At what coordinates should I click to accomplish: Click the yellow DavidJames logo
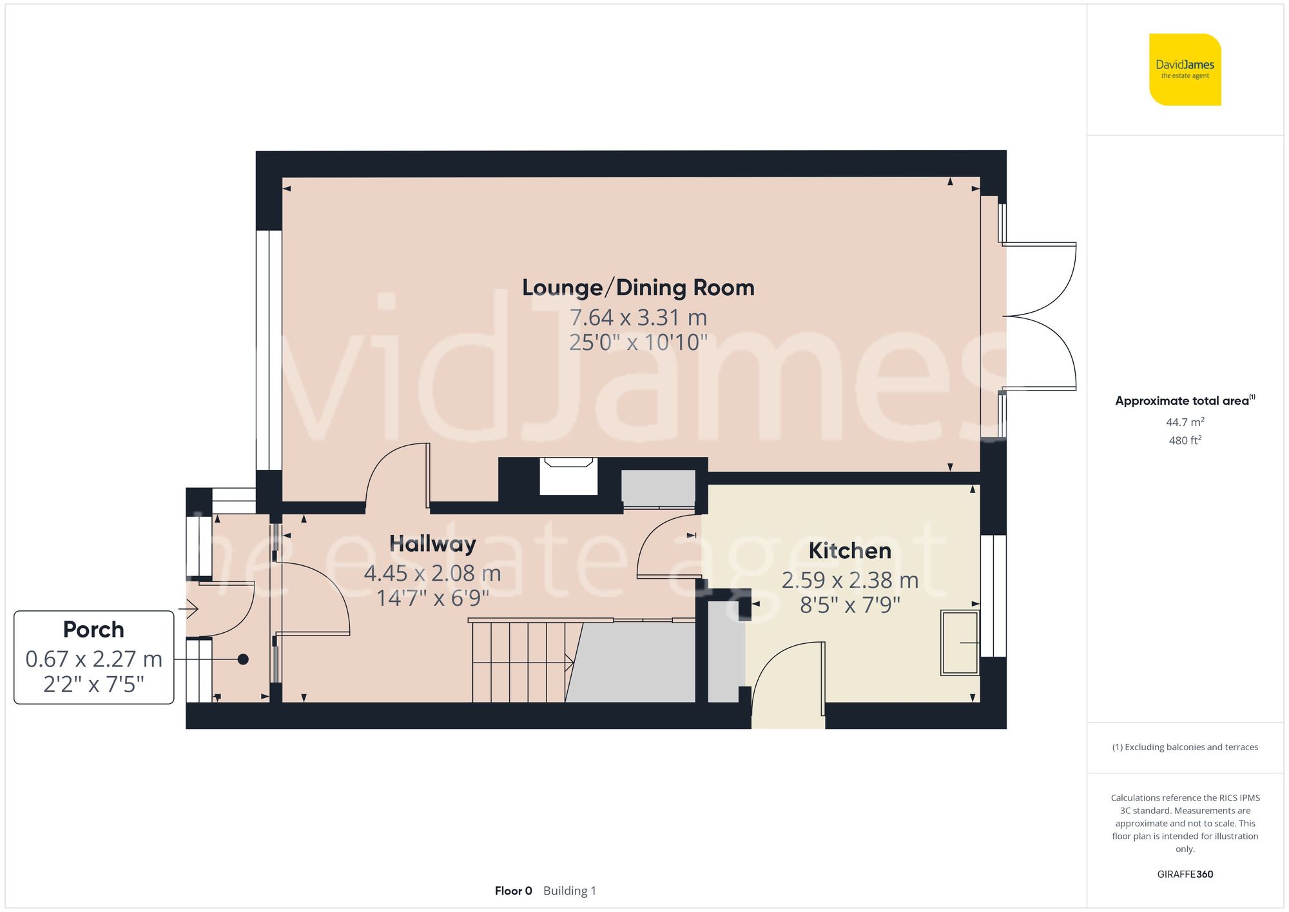point(1185,70)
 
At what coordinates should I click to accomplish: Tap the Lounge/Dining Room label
point(638,287)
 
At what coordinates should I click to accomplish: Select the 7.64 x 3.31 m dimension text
point(638,317)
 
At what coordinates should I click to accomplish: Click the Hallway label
point(432,544)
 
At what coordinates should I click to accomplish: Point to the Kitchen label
point(849,550)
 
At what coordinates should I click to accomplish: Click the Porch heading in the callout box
point(93,629)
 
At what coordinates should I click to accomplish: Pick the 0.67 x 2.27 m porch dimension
point(94,659)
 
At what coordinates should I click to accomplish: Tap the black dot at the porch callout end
point(243,659)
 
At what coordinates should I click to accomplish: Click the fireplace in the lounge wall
point(568,476)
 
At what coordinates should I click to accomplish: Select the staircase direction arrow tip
point(574,661)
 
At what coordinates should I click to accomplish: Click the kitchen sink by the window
point(960,643)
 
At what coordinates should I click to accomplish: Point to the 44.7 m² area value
point(1185,422)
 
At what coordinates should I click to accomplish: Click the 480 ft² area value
point(1185,440)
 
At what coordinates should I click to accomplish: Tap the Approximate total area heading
point(1185,400)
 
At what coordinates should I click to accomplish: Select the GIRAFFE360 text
point(1185,875)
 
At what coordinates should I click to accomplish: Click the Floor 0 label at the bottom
point(514,891)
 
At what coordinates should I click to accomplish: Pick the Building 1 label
point(570,891)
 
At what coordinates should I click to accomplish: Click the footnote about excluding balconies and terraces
point(1185,747)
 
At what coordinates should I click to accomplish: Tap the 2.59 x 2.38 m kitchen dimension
point(850,580)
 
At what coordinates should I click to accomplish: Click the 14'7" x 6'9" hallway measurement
point(432,598)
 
